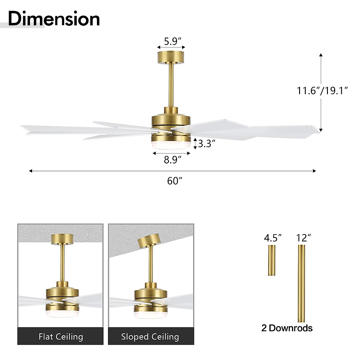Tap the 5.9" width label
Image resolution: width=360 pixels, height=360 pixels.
[171, 41]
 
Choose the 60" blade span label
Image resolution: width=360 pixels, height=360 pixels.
[175, 181]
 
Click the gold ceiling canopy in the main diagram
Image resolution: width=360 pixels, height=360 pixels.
[171, 57]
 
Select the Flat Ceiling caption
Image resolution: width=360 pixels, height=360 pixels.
[61, 337]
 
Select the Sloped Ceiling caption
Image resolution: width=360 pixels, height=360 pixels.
[150, 337]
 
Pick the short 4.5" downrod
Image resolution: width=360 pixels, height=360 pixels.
[272, 260]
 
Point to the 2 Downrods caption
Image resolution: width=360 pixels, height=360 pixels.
[287, 328]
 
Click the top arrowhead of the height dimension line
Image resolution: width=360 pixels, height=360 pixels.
[321, 55]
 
